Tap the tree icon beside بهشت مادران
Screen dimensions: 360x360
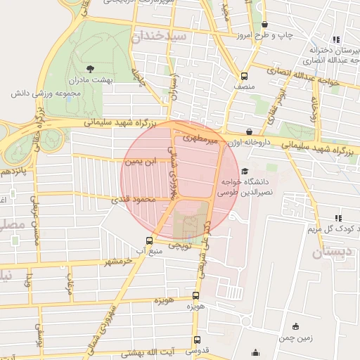pyautogui.click(x=89, y=68)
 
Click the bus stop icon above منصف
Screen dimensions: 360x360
pyautogui.click(x=244, y=76)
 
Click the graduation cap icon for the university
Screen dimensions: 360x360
pyautogui.click(x=245, y=170)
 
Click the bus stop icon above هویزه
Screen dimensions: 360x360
pyautogui.click(x=196, y=296)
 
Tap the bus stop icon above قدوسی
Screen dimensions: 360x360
pyautogui.click(x=196, y=340)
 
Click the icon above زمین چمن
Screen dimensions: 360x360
pyautogui.click(x=296, y=326)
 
